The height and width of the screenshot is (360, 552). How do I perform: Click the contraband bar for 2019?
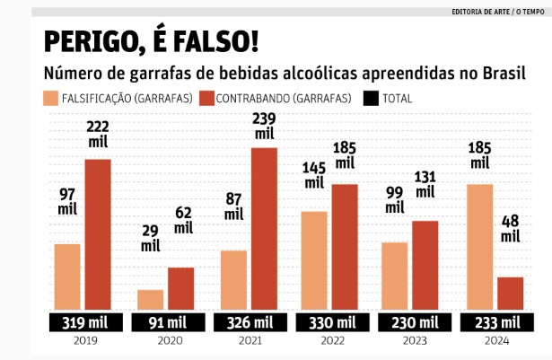(98, 234)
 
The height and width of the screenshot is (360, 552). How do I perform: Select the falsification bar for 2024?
(481, 247)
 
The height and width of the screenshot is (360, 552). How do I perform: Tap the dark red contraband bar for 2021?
(263, 229)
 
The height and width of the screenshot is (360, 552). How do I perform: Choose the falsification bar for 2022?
(313, 260)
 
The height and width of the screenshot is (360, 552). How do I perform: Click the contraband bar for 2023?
(425, 265)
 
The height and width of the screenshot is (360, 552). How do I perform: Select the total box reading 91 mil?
(165, 323)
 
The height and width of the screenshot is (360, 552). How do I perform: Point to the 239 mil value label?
(264, 126)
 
